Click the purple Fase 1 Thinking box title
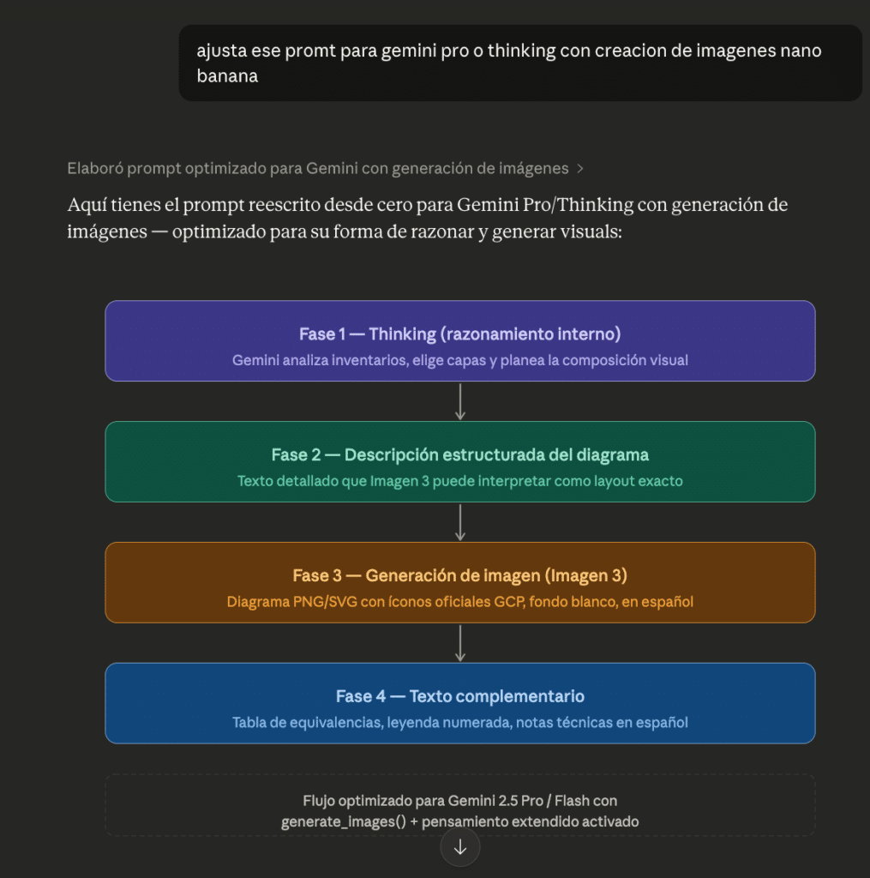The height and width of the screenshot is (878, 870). point(459,334)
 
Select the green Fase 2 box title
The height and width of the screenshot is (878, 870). point(459,454)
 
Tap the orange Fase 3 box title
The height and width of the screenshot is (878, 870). point(459,575)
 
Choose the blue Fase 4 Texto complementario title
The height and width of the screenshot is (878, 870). point(459,696)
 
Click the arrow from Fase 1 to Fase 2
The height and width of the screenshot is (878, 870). point(460,401)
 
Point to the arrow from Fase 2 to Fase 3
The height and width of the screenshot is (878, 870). point(460,522)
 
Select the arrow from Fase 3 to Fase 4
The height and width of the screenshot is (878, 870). point(460,643)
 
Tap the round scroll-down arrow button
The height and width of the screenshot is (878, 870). point(460,847)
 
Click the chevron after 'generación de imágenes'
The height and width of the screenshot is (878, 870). point(580,169)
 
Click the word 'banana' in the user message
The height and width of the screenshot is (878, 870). point(227,76)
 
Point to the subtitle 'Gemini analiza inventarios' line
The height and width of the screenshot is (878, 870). point(459,360)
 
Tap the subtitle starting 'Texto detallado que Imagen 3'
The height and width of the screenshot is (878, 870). point(459,481)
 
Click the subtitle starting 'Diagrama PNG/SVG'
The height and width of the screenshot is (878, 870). point(459,602)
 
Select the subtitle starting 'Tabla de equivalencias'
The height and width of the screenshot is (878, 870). point(459,723)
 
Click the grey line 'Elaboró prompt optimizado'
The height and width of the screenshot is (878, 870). point(317,169)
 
